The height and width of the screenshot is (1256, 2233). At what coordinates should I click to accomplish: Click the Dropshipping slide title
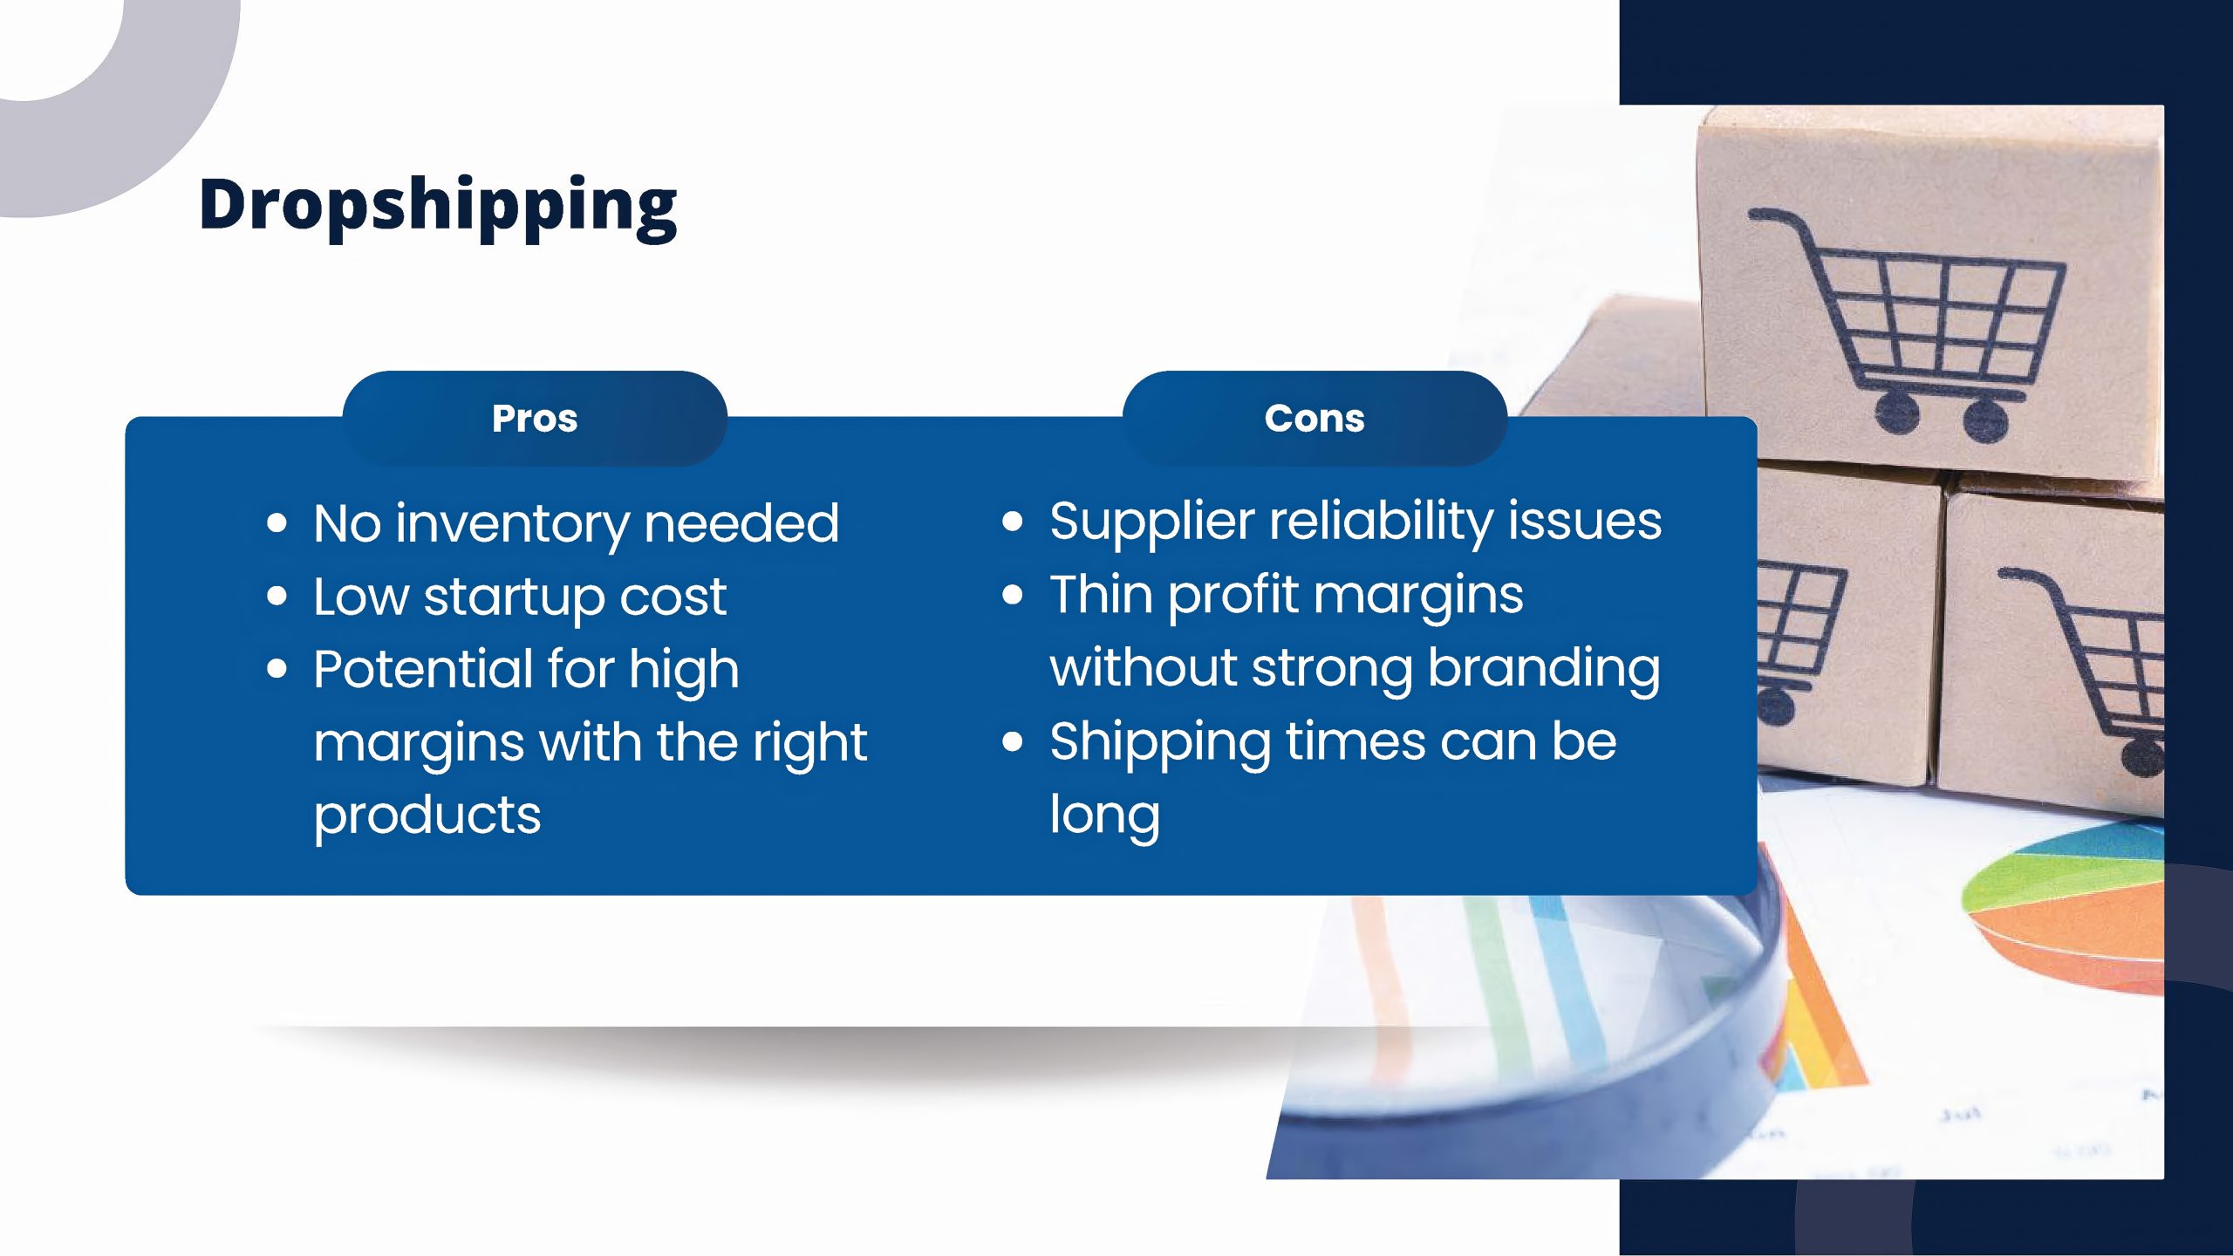click(438, 206)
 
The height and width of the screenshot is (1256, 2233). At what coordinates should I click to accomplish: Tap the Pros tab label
click(535, 419)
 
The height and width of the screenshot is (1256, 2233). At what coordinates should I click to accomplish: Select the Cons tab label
click(1315, 419)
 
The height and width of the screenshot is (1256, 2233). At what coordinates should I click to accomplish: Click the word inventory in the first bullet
click(512, 525)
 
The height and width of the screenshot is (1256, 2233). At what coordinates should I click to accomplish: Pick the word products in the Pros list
click(427, 816)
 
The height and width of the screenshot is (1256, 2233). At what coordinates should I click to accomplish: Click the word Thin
click(1101, 594)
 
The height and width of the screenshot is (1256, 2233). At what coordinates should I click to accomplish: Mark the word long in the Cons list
click(1104, 816)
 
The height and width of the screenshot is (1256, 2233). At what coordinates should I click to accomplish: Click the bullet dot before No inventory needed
click(277, 523)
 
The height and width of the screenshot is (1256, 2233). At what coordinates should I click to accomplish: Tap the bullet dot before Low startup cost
click(277, 597)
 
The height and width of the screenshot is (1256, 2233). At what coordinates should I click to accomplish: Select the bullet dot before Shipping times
click(1013, 742)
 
